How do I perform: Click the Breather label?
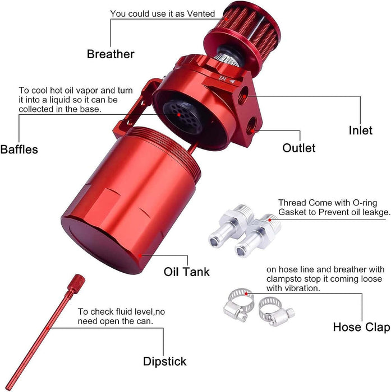click(111, 54)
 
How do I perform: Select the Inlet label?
click(360, 130)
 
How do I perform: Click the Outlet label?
click(298, 148)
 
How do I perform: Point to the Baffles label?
click(19, 150)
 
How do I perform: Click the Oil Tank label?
click(186, 272)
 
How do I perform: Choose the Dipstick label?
click(164, 361)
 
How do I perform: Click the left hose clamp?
click(238, 306)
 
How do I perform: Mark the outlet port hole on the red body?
click(254, 130)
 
